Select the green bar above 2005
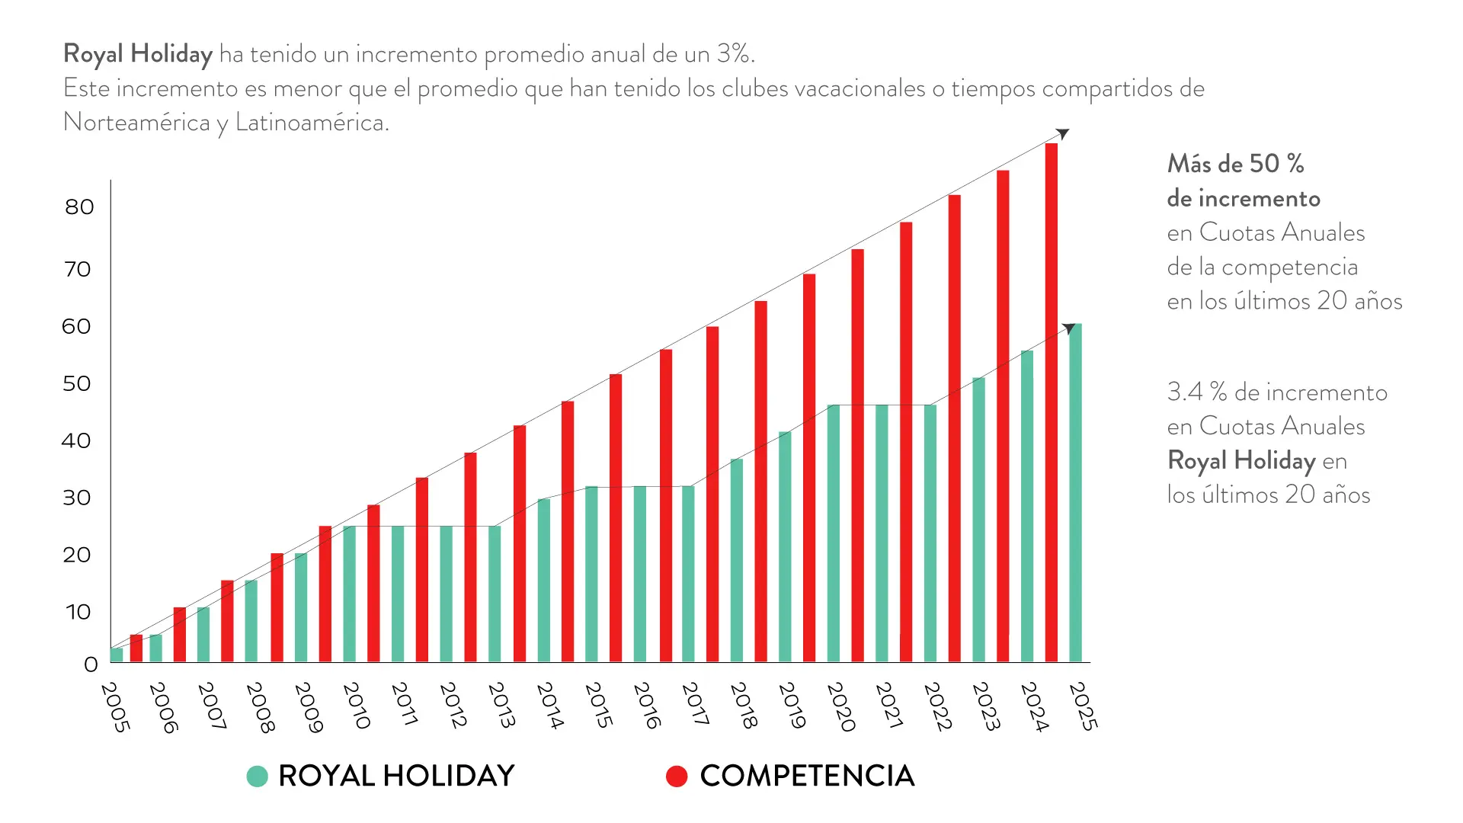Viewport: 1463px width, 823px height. (x=117, y=655)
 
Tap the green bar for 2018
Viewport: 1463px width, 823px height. (x=736, y=560)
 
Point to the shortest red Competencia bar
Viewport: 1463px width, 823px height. (x=136, y=648)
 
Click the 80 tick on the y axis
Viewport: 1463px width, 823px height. (x=79, y=207)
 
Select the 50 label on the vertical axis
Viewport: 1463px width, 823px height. (x=77, y=383)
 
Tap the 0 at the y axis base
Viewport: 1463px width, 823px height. (x=91, y=664)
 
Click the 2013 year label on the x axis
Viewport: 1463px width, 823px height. (x=501, y=705)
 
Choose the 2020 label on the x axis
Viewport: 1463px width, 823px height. (x=840, y=706)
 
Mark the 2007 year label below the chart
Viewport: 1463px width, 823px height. (x=211, y=706)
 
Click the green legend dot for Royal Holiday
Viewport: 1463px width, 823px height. (x=258, y=777)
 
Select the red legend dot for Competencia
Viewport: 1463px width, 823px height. (x=677, y=777)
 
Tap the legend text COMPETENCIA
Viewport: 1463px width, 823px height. (x=807, y=777)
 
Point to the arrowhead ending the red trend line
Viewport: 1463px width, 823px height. (x=1063, y=134)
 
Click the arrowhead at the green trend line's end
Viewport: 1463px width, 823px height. (x=1069, y=328)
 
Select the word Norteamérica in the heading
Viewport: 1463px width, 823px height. (x=136, y=122)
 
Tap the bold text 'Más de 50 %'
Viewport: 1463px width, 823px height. (x=1235, y=164)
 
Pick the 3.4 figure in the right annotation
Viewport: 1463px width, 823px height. (x=1185, y=392)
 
